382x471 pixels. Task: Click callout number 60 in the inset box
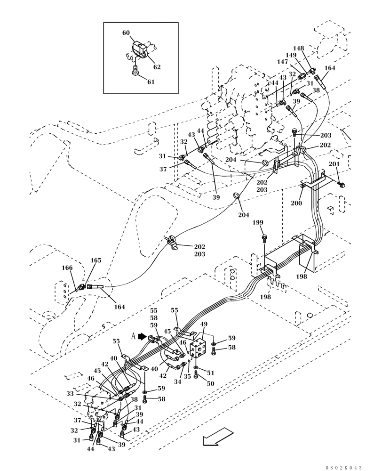point(126,33)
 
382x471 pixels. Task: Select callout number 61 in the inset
point(151,82)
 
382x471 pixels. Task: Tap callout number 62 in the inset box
point(157,67)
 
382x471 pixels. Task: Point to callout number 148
point(298,48)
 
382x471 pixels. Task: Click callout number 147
point(282,62)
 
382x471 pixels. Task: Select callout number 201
point(334,164)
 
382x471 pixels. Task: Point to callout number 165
point(95,260)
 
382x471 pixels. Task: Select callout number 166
point(68,268)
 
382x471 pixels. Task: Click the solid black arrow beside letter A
point(142,337)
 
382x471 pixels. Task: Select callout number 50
point(210,383)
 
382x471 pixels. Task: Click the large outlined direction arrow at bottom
point(218,437)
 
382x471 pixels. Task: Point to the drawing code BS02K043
point(343,467)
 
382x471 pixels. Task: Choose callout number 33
point(70,394)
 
